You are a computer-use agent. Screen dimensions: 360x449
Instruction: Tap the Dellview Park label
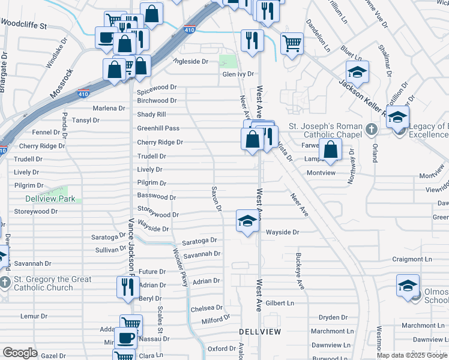click(x=50, y=199)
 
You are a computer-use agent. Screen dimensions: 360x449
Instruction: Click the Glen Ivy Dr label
click(x=238, y=74)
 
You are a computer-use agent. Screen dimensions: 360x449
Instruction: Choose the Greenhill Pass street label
click(x=158, y=128)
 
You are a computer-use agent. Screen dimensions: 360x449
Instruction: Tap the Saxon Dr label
click(x=216, y=199)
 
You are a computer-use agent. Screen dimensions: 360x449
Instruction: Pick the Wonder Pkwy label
click(x=181, y=268)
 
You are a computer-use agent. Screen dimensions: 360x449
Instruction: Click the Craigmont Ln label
click(x=412, y=259)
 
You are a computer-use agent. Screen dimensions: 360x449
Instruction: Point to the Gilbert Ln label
click(x=280, y=304)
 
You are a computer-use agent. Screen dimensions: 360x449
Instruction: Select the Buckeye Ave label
click(x=300, y=271)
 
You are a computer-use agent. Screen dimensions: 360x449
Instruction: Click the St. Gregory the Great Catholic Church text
click(x=53, y=283)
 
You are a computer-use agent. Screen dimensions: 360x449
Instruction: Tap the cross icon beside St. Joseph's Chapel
click(x=372, y=128)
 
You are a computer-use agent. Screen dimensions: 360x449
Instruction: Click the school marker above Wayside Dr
click(x=247, y=221)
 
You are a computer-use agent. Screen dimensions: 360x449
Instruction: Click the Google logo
click(x=20, y=353)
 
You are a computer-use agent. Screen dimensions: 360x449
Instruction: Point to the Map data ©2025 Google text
click(x=412, y=355)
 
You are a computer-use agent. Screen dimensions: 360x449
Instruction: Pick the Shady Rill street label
click(x=151, y=114)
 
